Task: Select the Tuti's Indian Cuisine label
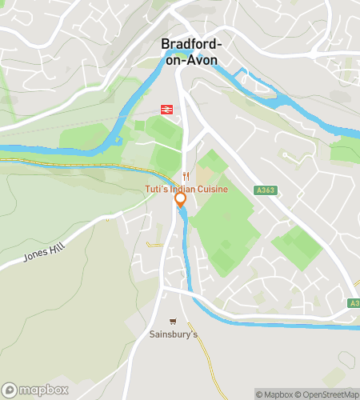pos(186,188)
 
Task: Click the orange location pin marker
pos(181,199)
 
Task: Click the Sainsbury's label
pos(173,334)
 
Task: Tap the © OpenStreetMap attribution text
pos(329,394)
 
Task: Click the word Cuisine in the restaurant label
pos(212,188)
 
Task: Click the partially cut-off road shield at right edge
pos(354,303)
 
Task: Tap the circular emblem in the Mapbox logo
pos(10,390)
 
